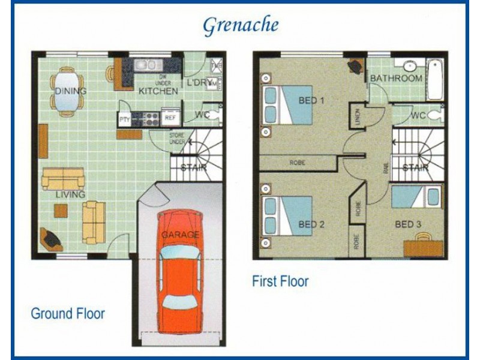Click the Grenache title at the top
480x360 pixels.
pos(240,26)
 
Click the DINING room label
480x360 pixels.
pos(70,91)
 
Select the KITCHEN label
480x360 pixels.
pos(158,91)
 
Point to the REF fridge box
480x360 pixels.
pos(170,118)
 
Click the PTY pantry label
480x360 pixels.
pos(125,119)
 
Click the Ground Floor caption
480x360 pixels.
pos(68,313)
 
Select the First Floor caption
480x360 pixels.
pos(281,281)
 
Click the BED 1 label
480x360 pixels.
pos(311,100)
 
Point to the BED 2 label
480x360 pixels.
pos(311,225)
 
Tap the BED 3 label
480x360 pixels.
pos(408,224)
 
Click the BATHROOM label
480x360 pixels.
pos(396,79)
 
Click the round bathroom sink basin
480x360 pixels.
pos(410,66)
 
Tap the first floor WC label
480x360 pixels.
pos(419,115)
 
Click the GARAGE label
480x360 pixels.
pos(179,236)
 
